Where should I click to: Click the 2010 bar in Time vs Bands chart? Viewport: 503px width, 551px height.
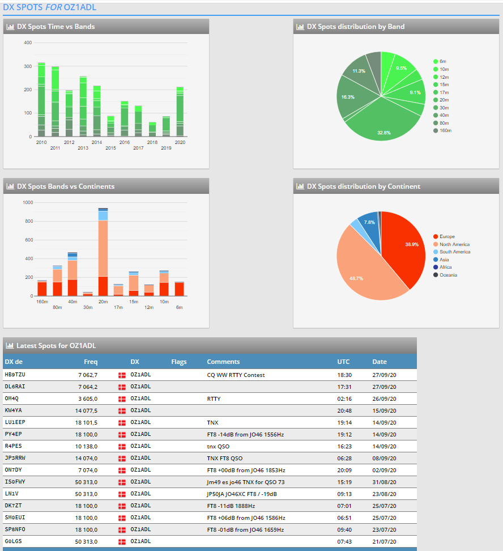coord(41,100)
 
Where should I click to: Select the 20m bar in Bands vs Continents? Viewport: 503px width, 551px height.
coord(103,252)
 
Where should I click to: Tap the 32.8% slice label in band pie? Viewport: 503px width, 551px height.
coord(384,133)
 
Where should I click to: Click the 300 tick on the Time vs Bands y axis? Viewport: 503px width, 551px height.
coord(28,66)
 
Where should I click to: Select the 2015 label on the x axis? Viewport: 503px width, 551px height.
coord(110,148)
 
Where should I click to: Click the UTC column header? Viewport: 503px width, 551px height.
coord(343,362)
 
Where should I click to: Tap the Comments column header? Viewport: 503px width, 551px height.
coord(223,362)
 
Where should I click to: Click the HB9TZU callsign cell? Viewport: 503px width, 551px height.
coord(15,375)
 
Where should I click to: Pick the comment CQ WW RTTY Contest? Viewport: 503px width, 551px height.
coord(236,375)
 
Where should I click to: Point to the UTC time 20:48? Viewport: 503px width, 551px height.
coord(344,410)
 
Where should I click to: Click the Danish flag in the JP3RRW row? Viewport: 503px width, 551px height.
coord(122,458)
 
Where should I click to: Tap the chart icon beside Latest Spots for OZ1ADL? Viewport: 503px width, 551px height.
coord(10,345)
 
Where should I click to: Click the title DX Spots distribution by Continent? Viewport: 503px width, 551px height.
coord(363,187)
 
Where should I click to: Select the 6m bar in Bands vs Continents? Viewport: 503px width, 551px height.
coord(180,289)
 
